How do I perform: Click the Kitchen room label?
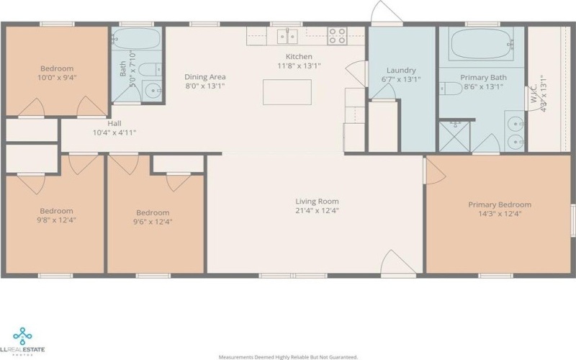tap(298, 56)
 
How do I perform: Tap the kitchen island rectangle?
tap(287, 92)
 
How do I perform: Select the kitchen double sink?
tap(289, 35)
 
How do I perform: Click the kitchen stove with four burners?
tap(338, 35)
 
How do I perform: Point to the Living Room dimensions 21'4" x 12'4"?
tap(317, 211)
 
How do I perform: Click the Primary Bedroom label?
tap(500, 204)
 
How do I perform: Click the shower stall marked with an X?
tap(454, 136)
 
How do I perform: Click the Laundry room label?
tap(401, 71)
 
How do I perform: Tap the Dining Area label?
tap(206, 77)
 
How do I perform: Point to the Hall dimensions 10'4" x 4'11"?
tap(114, 132)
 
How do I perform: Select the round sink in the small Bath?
tap(151, 91)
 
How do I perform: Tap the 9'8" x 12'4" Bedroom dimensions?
tap(56, 220)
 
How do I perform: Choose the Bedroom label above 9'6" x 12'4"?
tap(153, 212)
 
